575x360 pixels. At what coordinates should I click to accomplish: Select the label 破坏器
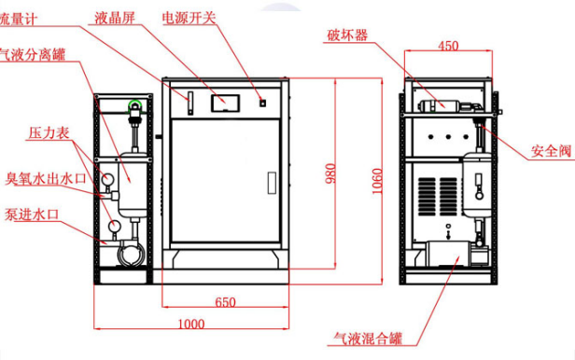click(x=347, y=37)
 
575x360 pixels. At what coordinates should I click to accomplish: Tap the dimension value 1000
click(x=191, y=324)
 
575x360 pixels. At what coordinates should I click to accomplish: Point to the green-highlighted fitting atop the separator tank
click(x=137, y=104)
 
